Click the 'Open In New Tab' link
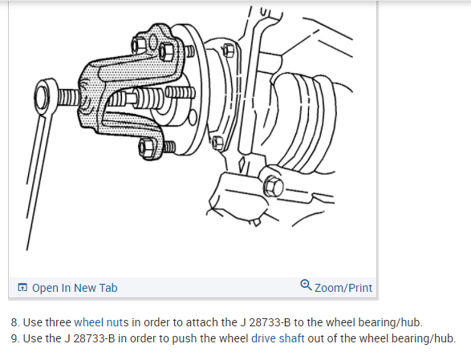(75, 288)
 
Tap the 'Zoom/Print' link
(343, 288)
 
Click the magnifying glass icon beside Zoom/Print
(306, 285)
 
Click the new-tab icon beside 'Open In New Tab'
(22, 287)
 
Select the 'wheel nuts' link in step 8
(101, 322)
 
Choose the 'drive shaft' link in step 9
(278, 338)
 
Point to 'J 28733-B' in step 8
(266, 322)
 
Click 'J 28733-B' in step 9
(90, 338)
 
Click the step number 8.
(15, 322)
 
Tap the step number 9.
(15, 338)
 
